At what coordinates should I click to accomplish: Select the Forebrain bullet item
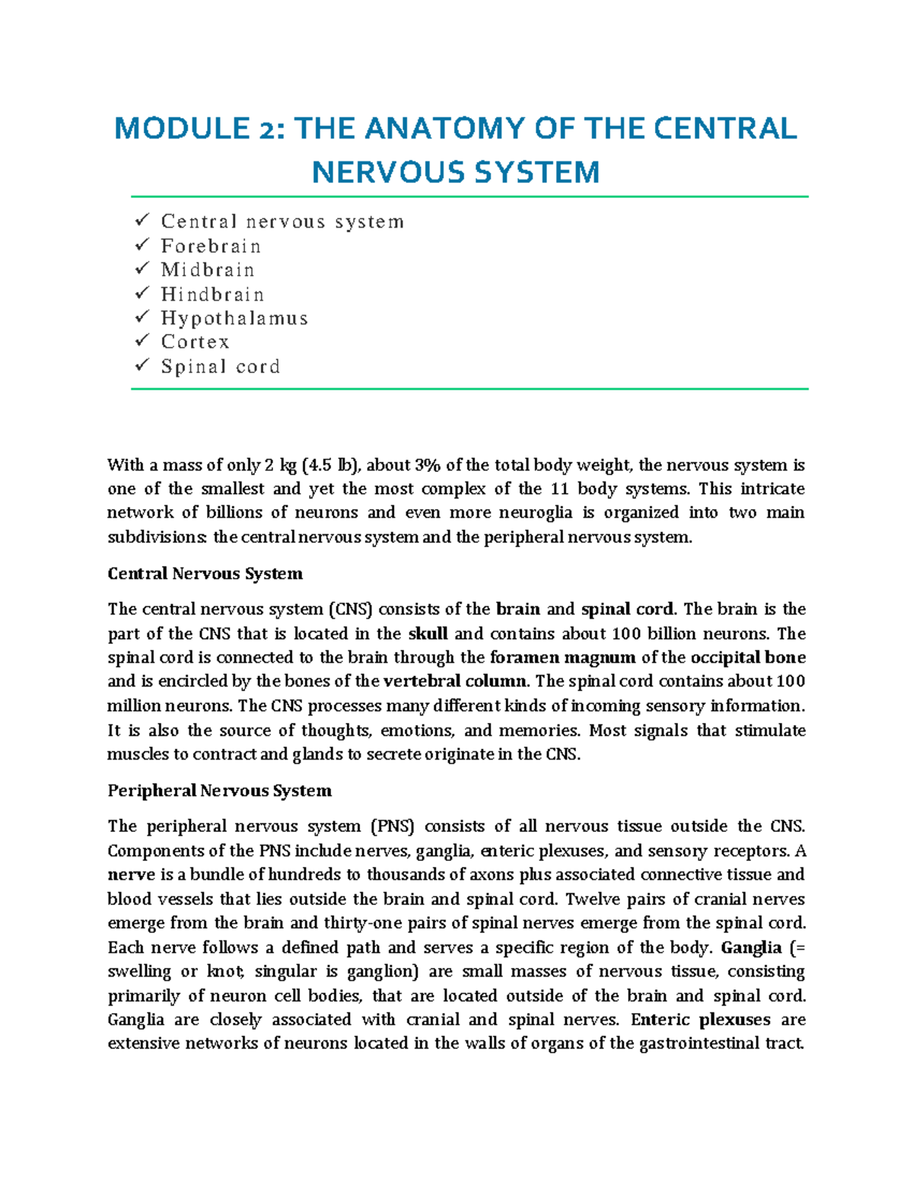click(x=211, y=247)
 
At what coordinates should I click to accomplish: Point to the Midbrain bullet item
click(x=208, y=270)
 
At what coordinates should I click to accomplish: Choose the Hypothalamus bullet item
click(x=234, y=318)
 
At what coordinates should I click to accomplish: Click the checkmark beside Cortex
click(x=142, y=342)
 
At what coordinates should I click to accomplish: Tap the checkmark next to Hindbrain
click(x=142, y=294)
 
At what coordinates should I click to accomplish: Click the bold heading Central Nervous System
click(x=205, y=574)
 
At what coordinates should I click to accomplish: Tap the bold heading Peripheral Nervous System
click(x=219, y=791)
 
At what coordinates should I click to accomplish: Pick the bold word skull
click(x=428, y=634)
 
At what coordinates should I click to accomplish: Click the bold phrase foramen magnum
click(x=562, y=658)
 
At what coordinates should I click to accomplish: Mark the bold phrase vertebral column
click(x=455, y=682)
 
